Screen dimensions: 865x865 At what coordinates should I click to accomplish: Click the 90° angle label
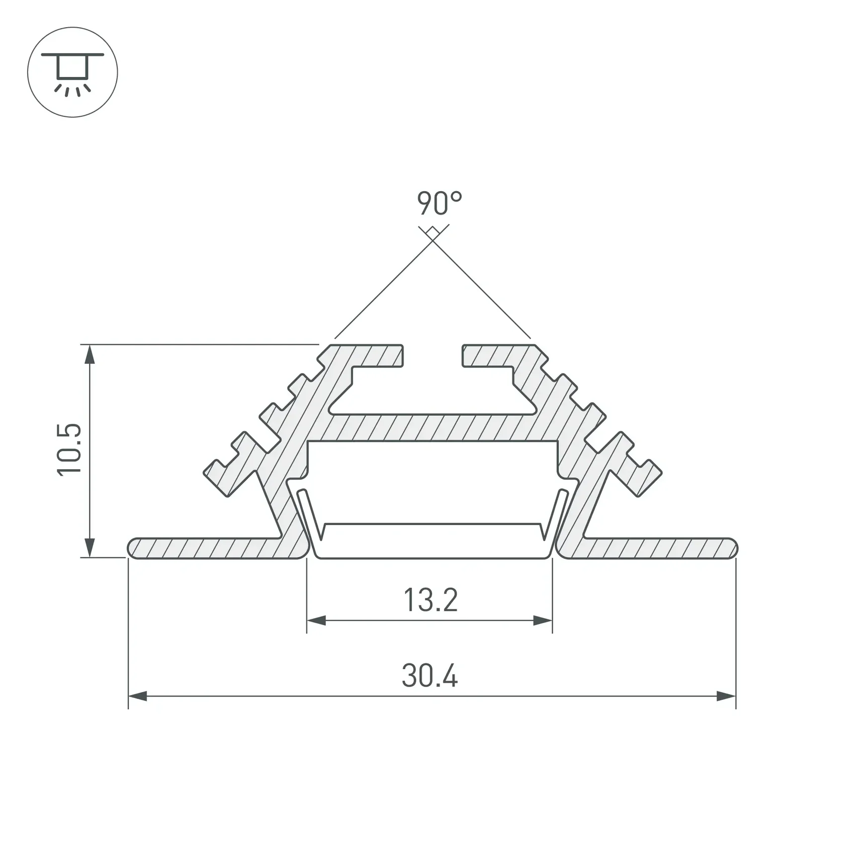click(439, 204)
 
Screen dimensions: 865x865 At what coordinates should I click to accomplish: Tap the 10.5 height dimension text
click(69, 449)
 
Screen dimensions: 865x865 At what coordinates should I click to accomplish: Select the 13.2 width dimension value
click(431, 600)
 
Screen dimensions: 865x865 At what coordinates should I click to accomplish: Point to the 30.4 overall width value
click(430, 675)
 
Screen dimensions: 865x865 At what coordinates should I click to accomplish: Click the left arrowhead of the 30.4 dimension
click(138, 697)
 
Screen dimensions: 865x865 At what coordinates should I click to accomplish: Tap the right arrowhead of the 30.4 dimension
click(726, 697)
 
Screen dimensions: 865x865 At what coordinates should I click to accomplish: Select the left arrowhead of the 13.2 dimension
click(316, 621)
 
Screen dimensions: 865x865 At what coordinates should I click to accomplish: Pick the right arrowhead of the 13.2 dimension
click(543, 621)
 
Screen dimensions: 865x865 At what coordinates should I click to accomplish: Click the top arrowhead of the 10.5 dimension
click(90, 354)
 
